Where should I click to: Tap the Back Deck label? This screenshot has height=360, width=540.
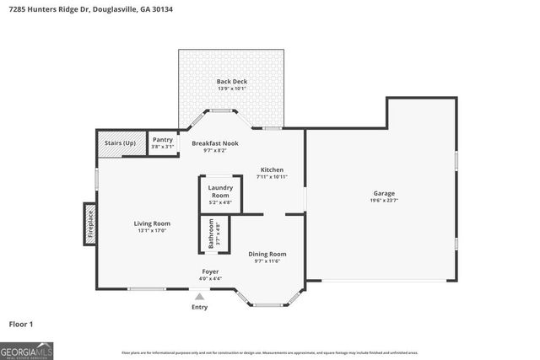[x=231, y=81]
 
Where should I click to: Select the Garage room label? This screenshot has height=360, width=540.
[x=384, y=193]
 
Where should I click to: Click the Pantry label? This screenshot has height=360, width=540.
[x=162, y=141]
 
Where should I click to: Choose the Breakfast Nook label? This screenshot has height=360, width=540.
[x=214, y=143]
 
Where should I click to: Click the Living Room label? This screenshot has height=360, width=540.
[x=152, y=223]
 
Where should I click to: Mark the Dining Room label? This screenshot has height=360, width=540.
[x=267, y=254]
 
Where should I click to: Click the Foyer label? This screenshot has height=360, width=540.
[x=210, y=271]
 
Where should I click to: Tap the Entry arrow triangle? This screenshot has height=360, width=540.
[x=199, y=296]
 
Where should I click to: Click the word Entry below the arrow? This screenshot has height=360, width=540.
[x=199, y=306]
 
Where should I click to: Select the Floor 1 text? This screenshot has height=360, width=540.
[x=21, y=323]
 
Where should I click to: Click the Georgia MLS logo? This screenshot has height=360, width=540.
[x=27, y=348]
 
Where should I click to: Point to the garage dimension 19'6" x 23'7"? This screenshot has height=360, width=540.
[x=384, y=201]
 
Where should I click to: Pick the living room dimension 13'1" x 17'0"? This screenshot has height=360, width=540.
[x=152, y=230]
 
